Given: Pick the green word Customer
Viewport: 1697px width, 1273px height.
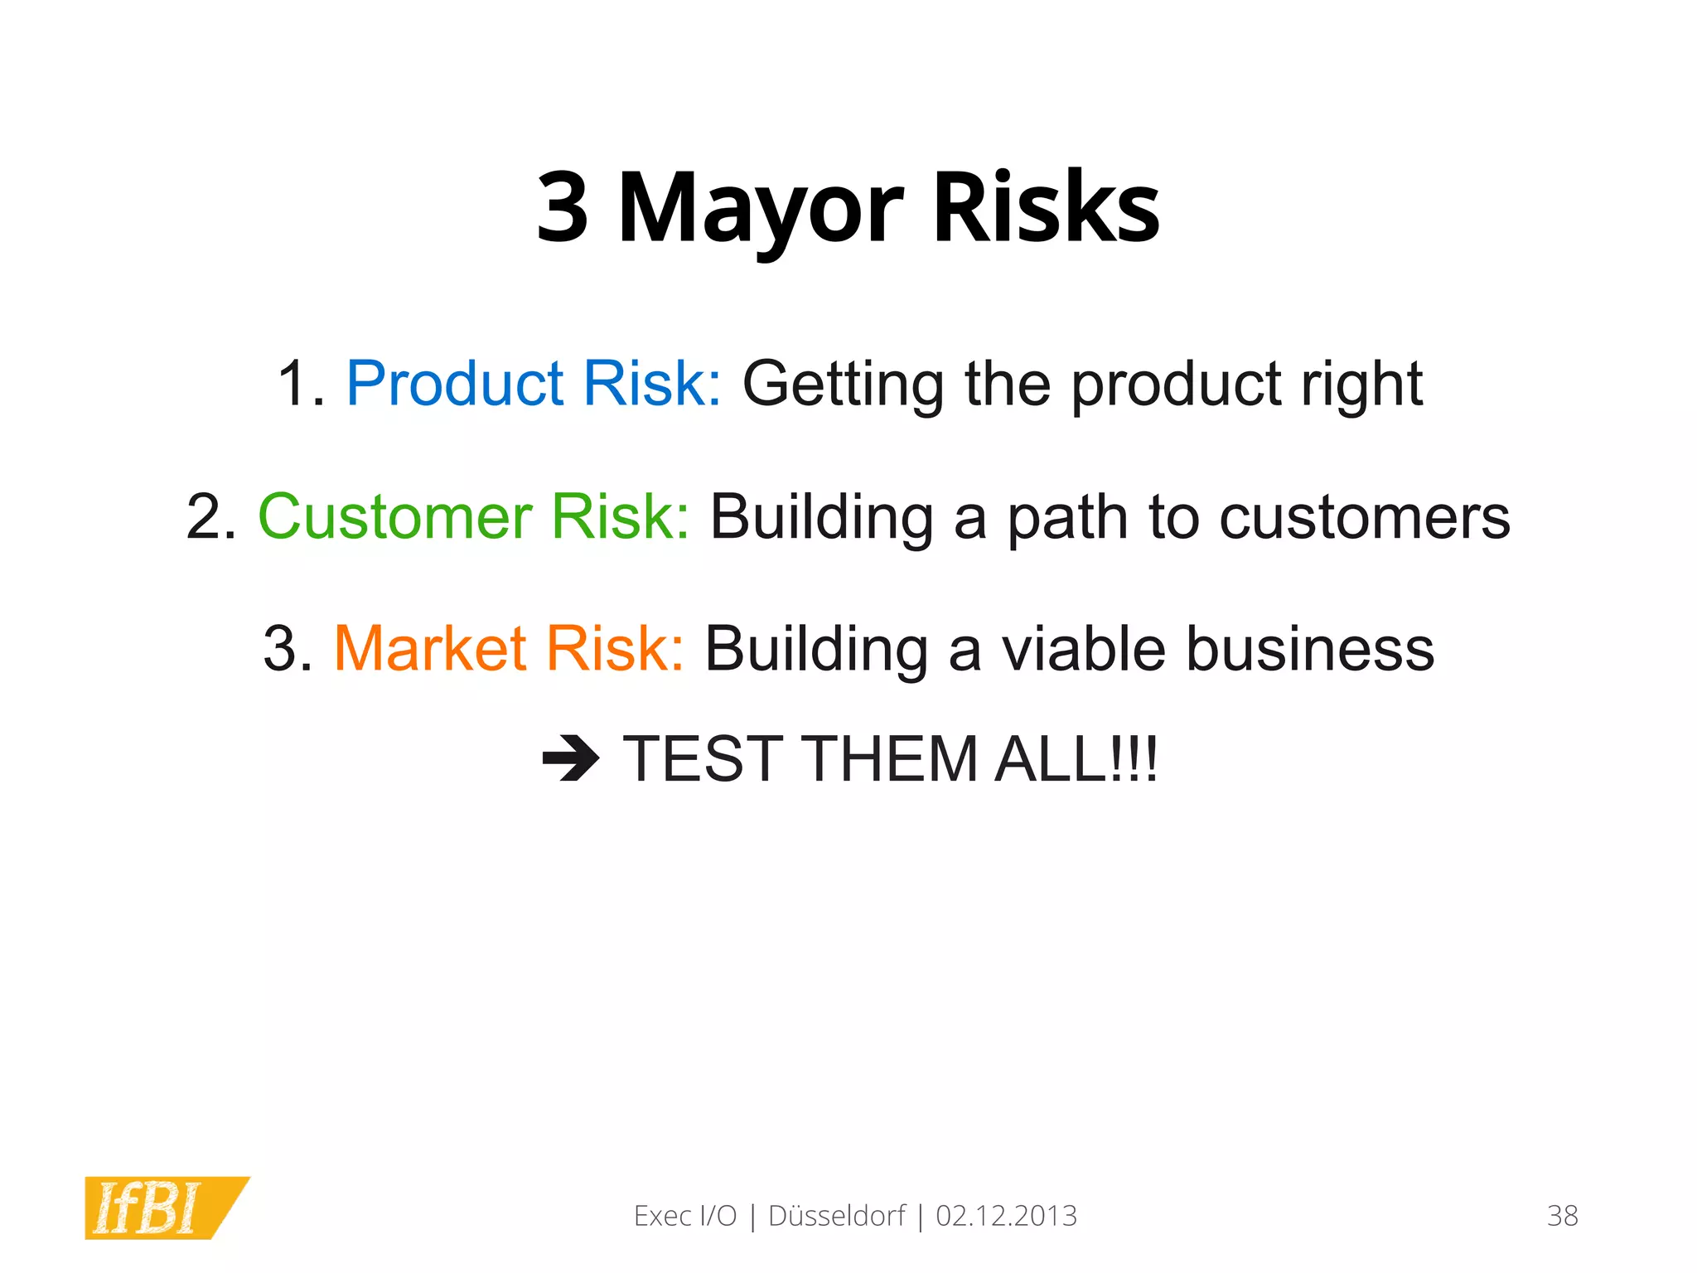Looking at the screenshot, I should pyautogui.click(x=395, y=516).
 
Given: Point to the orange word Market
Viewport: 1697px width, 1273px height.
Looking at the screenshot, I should pyautogui.click(x=429, y=648).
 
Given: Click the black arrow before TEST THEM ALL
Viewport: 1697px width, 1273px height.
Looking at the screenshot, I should pyautogui.click(x=570, y=758).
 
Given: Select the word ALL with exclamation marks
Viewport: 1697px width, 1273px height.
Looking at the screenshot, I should pyautogui.click(x=1076, y=758).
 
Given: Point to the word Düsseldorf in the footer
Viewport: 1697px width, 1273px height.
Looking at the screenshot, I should pyautogui.click(x=837, y=1216).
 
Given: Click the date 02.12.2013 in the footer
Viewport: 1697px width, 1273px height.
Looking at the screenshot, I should pyautogui.click(x=1006, y=1216).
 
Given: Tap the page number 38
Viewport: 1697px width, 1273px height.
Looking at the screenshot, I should pyautogui.click(x=1562, y=1216).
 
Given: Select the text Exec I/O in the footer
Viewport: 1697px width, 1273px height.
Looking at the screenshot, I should pyautogui.click(x=685, y=1216).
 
